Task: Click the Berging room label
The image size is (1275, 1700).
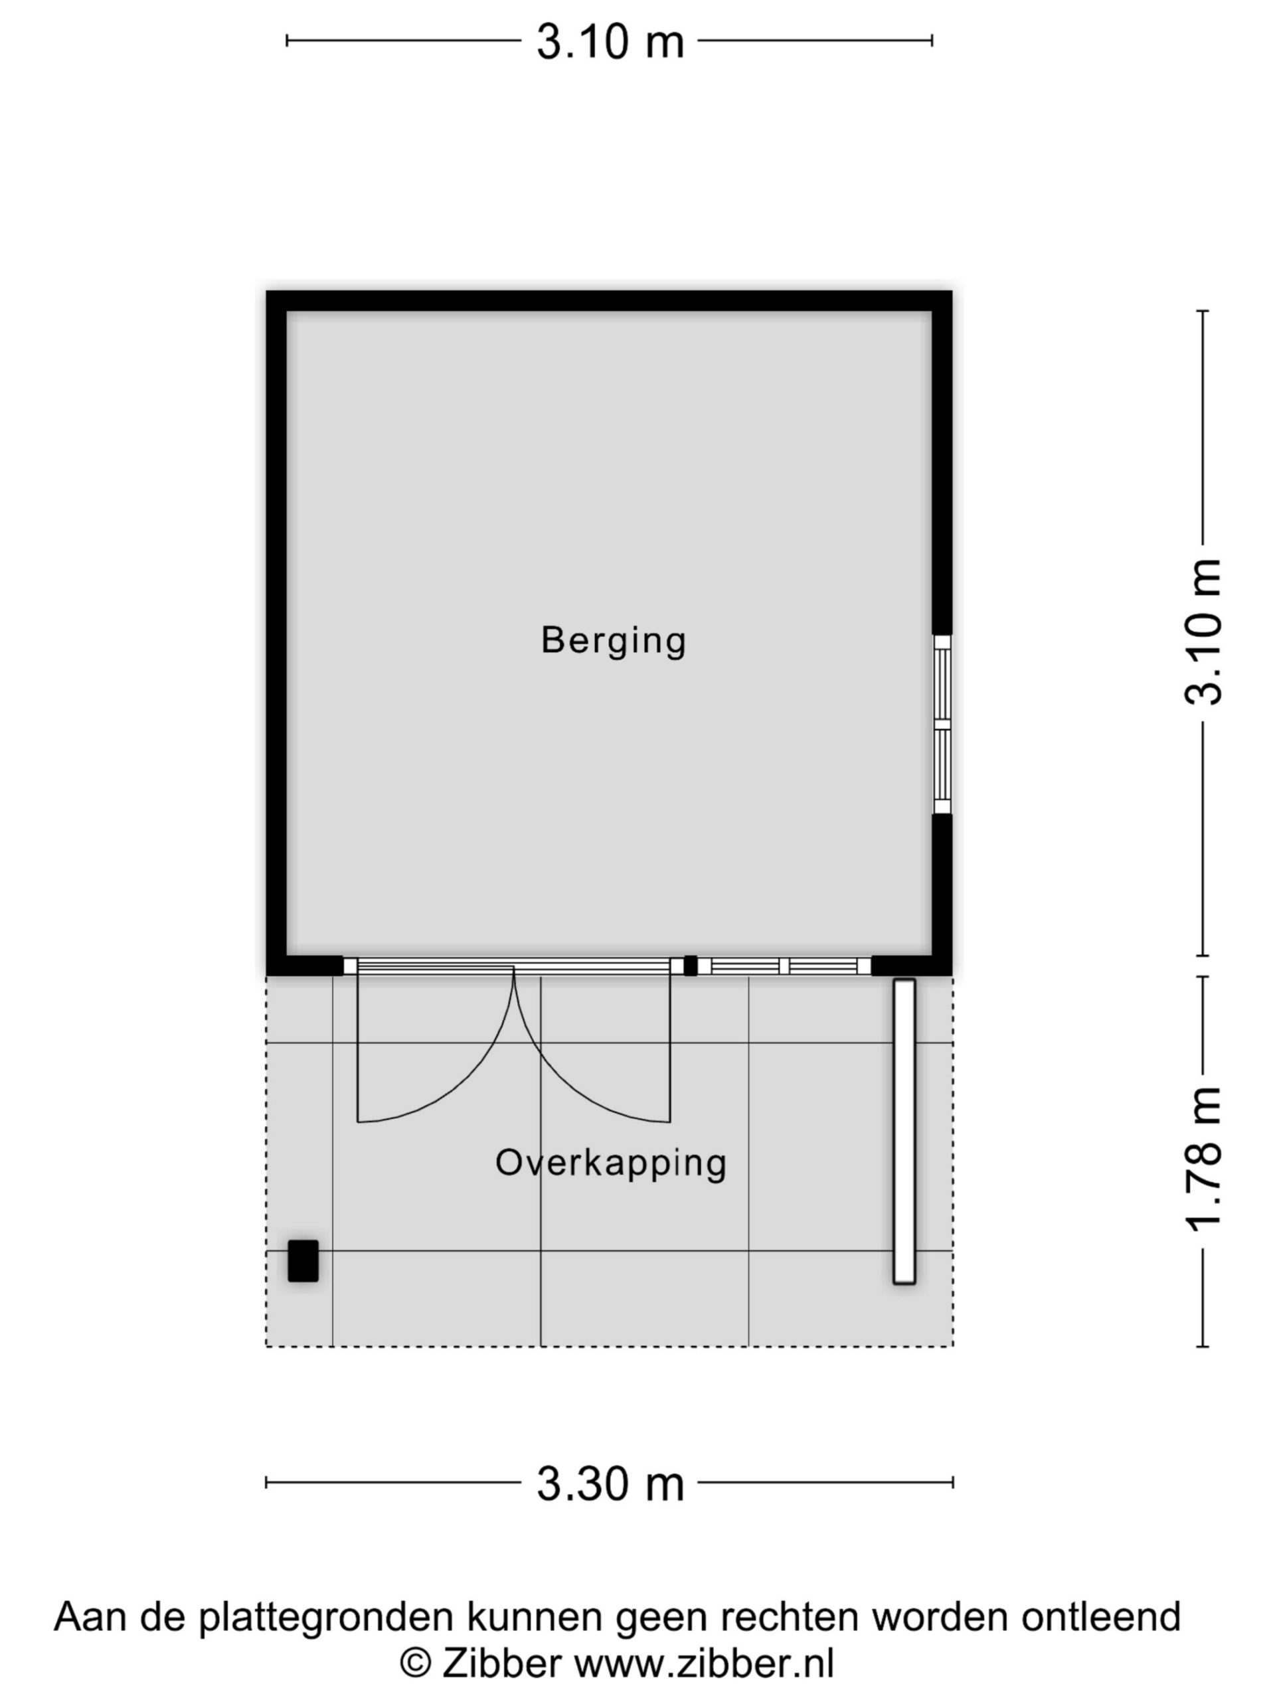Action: tap(614, 641)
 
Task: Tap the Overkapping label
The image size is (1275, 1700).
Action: tap(611, 1163)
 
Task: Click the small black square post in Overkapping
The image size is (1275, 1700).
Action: tap(303, 1261)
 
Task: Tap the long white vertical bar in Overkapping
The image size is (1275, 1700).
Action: tap(904, 1132)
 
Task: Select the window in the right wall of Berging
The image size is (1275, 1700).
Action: tap(942, 724)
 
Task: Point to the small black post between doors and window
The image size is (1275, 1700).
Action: tap(690, 966)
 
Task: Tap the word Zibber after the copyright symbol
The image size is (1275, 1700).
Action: tap(501, 1665)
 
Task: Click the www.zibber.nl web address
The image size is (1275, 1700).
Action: tap(704, 1665)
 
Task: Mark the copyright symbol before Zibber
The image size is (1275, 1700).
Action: tap(415, 1665)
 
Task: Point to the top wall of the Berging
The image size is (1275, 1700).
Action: tap(610, 301)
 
